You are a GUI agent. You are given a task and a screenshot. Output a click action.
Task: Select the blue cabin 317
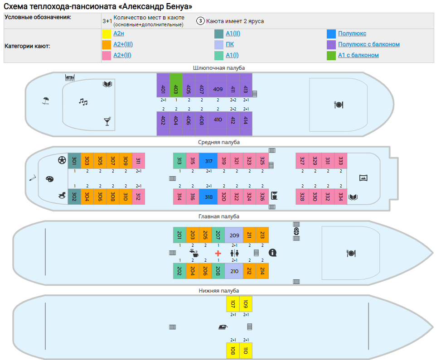208,161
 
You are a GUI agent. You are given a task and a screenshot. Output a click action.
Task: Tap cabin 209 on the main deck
234,235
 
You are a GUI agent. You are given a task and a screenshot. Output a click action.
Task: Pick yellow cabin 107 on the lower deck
233,304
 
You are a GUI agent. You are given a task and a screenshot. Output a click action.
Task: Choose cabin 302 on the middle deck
74,197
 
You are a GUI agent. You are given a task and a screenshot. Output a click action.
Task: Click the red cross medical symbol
218,253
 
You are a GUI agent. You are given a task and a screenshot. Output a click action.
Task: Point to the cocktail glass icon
107,121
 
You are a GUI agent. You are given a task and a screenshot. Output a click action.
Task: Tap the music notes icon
83,102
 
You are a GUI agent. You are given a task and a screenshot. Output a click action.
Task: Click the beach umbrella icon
46,101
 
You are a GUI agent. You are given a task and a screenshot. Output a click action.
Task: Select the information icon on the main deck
272,253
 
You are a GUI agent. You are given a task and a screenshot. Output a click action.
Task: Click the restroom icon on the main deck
235,253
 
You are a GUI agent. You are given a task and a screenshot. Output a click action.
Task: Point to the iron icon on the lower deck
223,327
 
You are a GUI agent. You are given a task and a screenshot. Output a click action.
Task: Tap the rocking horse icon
62,195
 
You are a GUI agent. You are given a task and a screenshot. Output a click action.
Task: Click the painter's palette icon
50,179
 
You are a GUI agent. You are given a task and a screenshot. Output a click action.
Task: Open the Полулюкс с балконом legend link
369,44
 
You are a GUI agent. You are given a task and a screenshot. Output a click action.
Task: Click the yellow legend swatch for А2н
107,34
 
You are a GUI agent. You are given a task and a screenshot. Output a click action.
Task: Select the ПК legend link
230,44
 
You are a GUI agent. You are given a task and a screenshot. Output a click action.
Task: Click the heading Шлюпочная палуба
219,68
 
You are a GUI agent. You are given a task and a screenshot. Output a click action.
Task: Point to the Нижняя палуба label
219,291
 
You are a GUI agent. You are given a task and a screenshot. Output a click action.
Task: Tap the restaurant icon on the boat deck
339,105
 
